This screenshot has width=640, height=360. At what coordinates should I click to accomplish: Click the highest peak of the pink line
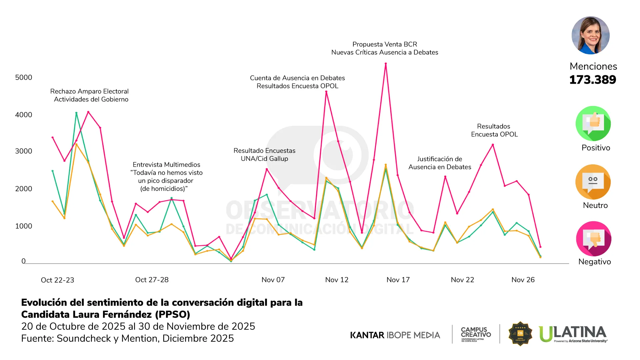tap(386, 63)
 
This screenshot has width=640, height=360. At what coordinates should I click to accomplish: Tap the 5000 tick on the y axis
tap(24, 77)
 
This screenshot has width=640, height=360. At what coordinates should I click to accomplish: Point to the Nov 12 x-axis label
tap(337, 280)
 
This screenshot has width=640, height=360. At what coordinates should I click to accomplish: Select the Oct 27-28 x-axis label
tap(152, 280)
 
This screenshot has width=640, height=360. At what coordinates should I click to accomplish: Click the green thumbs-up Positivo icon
tap(593, 123)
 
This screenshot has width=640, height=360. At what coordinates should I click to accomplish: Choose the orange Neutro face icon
tap(593, 182)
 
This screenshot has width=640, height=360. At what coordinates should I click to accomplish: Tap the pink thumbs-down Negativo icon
tap(593, 239)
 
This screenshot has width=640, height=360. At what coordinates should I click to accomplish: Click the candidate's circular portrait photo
tap(590, 35)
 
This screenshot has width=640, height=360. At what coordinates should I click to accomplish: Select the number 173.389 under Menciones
tap(593, 80)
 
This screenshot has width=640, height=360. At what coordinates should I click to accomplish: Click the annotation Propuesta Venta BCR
tap(385, 44)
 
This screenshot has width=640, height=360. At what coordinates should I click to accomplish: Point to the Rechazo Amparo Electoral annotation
tap(89, 91)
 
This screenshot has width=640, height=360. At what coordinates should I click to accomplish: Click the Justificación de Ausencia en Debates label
tap(440, 163)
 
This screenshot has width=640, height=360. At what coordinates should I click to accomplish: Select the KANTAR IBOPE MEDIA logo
tap(395, 335)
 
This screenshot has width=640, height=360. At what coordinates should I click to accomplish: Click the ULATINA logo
tap(573, 334)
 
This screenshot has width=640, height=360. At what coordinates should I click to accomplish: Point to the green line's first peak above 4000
tap(76, 113)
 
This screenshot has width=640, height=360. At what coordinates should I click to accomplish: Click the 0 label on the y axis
tap(23, 261)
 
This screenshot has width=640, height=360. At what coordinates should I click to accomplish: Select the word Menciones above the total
tap(593, 66)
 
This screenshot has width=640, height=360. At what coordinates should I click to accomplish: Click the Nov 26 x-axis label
tap(523, 280)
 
